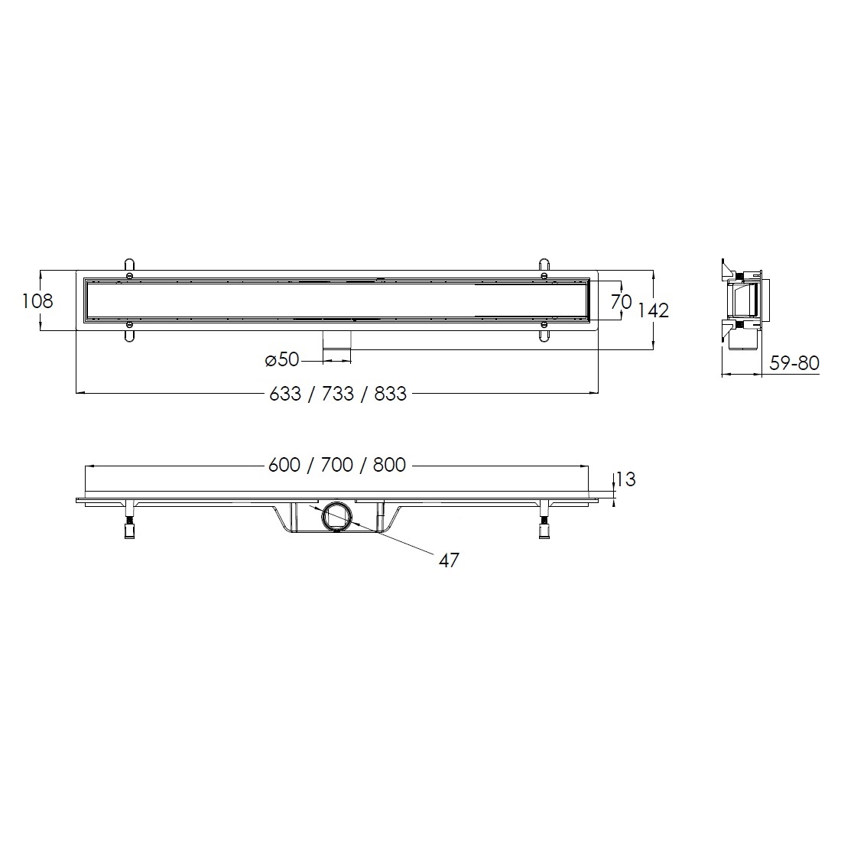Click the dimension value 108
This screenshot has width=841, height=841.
(37, 301)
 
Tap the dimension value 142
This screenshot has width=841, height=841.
(653, 310)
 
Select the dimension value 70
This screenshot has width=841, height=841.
(621, 301)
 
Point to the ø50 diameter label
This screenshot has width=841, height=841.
(282, 359)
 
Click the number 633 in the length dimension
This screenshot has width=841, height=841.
(285, 395)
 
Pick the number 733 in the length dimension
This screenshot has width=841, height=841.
(338, 395)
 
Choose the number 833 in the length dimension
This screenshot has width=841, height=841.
(391, 395)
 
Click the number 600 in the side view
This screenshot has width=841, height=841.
(284, 465)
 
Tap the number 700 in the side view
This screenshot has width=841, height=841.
(337, 465)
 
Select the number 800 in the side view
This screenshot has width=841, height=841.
(389, 465)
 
